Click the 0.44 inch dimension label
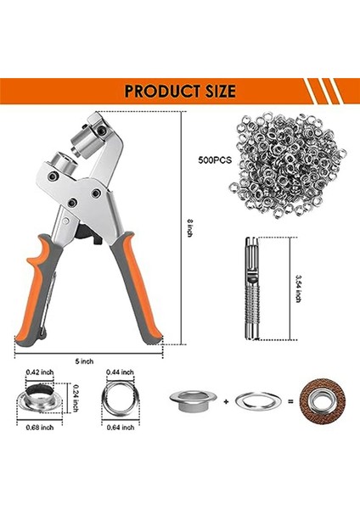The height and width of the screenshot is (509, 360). tap(119, 372)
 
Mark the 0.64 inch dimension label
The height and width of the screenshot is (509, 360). tap(118, 427)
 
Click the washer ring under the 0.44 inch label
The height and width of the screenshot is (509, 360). tap(119, 399)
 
